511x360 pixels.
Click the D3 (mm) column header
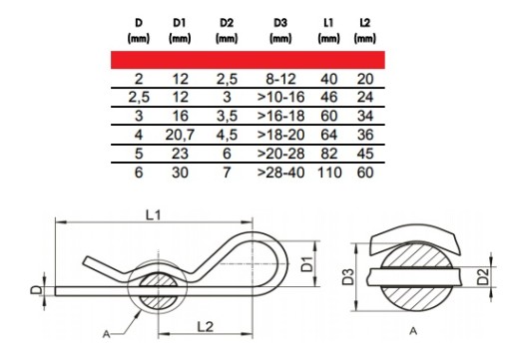click(280, 31)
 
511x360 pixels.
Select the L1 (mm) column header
click(328, 31)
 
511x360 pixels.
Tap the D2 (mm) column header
click(227, 31)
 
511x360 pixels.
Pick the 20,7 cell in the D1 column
click(180, 135)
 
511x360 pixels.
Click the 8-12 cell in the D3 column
click(280, 79)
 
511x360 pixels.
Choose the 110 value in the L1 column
click(329, 173)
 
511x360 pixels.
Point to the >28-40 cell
click(280, 173)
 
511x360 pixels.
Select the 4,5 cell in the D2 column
click(227, 135)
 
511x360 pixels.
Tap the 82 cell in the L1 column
click(329, 154)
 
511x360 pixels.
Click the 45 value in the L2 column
click(365, 154)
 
